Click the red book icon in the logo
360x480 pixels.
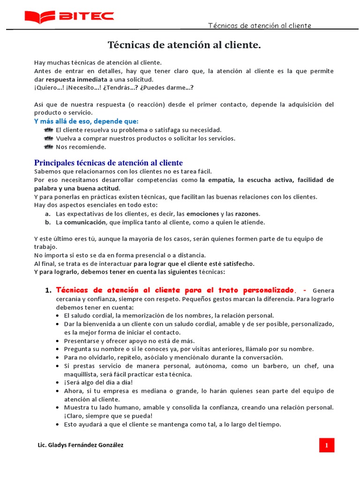pos(40,17)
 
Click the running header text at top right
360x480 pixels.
pos(259,26)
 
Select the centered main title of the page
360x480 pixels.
pos(184,45)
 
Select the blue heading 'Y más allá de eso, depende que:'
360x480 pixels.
pos(86,121)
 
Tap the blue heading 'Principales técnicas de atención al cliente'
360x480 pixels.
pos(108,163)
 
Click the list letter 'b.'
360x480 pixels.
pos(48,222)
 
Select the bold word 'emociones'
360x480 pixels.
pos(202,214)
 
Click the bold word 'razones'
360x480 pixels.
pos(247,214)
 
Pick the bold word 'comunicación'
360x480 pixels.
pos(85,222)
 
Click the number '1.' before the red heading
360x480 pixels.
pos(48,291)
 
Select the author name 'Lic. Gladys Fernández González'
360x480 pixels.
pos(80,445)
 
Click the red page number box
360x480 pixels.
pos(326,445)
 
